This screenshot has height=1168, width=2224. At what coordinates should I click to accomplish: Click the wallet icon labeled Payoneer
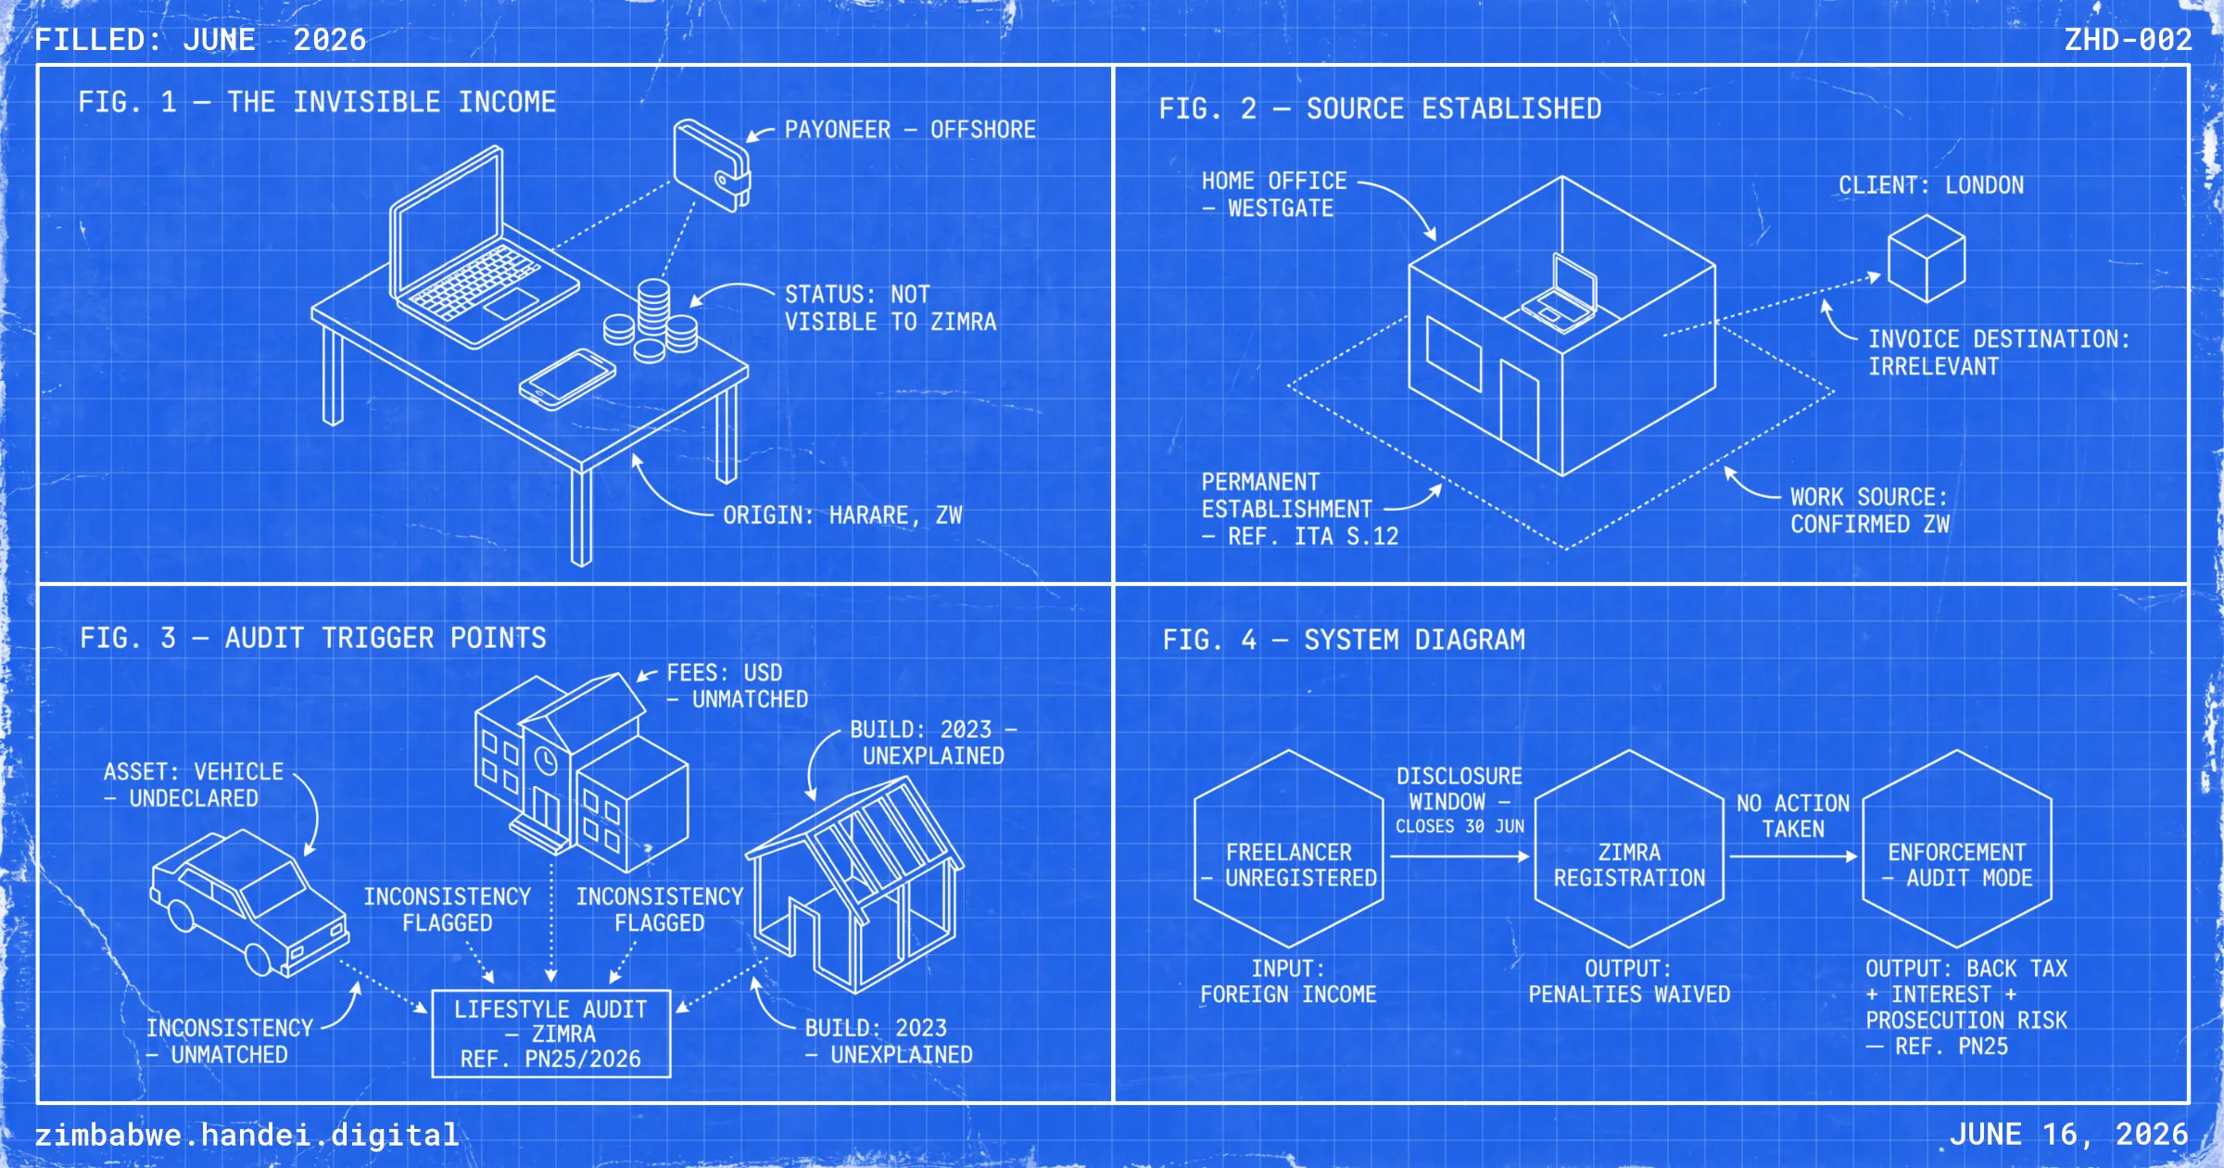[712, 165]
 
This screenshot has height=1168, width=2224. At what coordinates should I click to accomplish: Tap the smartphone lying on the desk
[567, 379]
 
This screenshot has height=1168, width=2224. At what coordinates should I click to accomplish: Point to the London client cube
[1927, 259]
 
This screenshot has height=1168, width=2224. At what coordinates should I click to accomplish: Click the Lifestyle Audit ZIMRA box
[551, 1034]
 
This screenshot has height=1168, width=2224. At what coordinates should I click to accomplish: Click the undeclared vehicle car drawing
[249, 903]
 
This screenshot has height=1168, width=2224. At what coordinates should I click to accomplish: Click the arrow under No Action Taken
[1794, 857]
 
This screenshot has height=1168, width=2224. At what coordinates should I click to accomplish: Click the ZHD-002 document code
[2128, 40]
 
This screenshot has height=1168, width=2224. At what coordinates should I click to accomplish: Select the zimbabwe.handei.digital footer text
[246, 1135]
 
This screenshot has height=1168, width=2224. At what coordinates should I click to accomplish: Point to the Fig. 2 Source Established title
[1380, 108]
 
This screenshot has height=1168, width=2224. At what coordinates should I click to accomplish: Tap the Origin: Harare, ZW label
[842, 515]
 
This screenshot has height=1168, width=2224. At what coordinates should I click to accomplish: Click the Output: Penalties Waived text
[1629, 982]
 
